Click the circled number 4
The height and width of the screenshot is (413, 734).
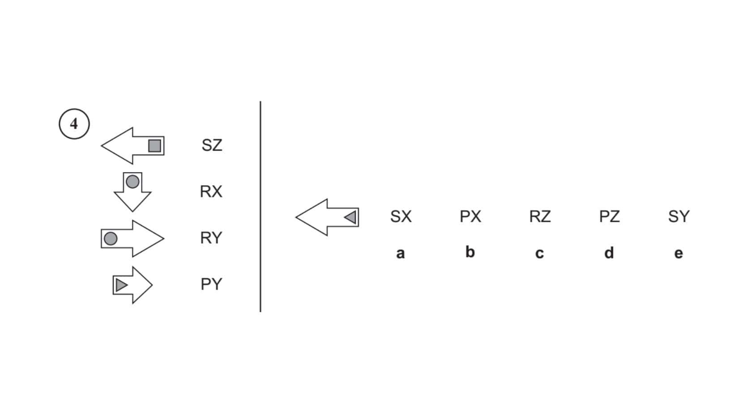(74, 124)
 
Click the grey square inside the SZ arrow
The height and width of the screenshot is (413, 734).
(154, 146)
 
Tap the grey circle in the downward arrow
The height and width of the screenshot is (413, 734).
(132, 181)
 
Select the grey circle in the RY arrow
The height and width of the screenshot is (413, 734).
(111, 239)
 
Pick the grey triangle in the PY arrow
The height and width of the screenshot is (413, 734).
(121, 285)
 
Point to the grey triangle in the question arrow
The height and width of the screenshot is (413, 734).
(350, 217)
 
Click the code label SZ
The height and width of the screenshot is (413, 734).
(212, 145)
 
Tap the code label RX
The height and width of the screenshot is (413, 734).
(211, 192)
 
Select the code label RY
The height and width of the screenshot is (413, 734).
(211, 238)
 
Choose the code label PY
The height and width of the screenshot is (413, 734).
(211, 284)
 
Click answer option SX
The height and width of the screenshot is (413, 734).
(401, 217)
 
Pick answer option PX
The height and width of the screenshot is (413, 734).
(470, 217)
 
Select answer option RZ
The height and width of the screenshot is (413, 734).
(540, 217)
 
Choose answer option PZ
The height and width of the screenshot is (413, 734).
(609, 217)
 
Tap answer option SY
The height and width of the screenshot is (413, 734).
(679, 217)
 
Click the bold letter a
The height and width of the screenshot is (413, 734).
(400, 253)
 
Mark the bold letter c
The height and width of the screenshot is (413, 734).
(539, 253)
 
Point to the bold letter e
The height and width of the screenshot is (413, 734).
(679, 253)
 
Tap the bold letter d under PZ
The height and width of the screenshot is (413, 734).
(609, 253)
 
